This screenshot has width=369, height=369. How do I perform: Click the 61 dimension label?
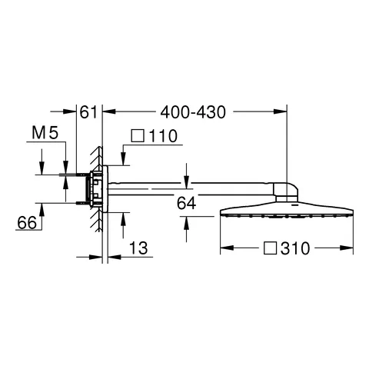[x=90, y=112]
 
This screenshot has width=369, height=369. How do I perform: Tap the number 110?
[x=164, y=137]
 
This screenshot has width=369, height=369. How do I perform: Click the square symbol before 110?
[x=138, y=137]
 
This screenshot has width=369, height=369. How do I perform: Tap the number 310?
[x=295, y=248]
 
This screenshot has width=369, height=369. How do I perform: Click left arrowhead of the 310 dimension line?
[x=224, y=248]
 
